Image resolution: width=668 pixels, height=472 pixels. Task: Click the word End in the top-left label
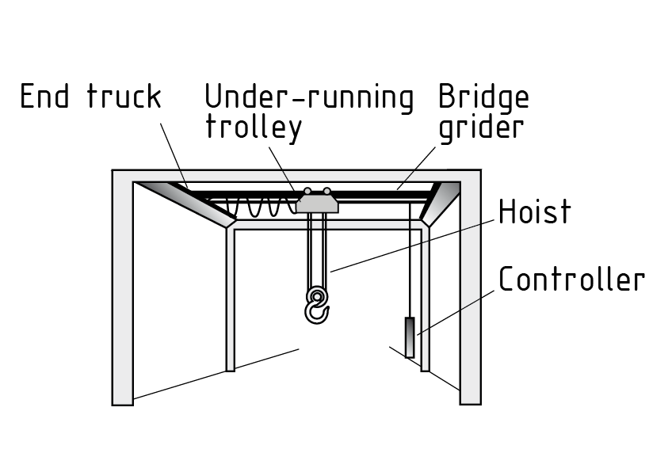point(45,97)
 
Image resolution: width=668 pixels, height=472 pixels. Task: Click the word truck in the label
point(124,97)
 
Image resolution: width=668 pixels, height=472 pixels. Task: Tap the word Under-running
point(309,97)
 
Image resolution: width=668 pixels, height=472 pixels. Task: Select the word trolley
point(254,127)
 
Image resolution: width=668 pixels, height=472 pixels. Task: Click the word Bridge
point(483,98)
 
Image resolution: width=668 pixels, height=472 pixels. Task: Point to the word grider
point(481,127)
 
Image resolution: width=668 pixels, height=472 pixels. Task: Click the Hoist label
point(533,212)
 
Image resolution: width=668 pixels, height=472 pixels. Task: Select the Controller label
point(571,279)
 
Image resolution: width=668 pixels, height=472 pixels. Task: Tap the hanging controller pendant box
point(410,337)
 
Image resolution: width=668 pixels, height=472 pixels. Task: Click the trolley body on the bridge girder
point(318,204)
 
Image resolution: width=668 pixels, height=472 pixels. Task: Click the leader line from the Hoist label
point(412,246)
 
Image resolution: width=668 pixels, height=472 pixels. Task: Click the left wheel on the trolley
point(307,191)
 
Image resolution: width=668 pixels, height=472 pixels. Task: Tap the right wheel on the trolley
point(326,191)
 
